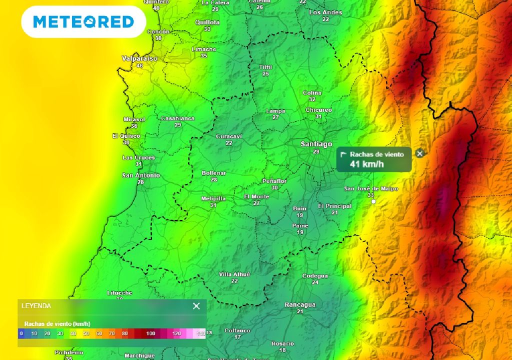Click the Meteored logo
click(83, 21)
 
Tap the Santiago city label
click(316, 144)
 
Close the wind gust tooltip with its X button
click(420, 153)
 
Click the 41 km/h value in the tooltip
click(366, 164)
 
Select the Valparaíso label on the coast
click(139, 58)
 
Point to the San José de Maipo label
click(371, 188)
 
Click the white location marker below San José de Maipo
click(373, 201)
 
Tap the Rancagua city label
click(300, 304)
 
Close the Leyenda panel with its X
click(196, 306)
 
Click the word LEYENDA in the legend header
click(36, 306)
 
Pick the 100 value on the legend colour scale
click(150, 333)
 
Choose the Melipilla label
click(213, 198)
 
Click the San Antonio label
click(141, 175)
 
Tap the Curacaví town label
click(229, 136)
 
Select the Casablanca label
click(177, 118)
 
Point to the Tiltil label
click(265, 67)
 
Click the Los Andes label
click(325, 12)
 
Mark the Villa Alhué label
click(234, 274)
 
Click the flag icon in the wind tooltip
click(343, 154)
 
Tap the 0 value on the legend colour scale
click(21, 333)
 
